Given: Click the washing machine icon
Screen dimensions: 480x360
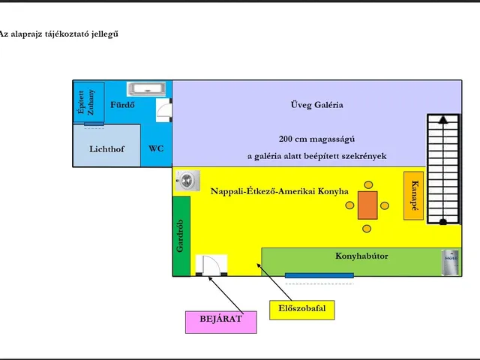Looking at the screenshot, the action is [188, 181].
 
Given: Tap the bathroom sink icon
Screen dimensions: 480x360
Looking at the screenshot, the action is [147, 88].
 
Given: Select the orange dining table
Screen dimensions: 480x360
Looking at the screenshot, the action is [367, 205].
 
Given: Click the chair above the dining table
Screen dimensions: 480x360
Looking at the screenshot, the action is [368, 185].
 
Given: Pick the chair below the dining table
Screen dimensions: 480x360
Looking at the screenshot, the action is [367, 229].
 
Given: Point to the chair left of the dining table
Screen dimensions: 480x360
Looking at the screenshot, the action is [349, 205].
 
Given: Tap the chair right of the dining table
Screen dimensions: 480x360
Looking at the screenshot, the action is [385, 205].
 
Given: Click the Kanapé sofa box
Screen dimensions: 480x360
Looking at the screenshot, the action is [413, 196].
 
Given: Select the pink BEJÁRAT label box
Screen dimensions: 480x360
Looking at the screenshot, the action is [221, 322].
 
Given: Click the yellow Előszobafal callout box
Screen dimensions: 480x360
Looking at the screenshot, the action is [301, 310].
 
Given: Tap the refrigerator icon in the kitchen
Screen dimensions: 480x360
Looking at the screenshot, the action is [451, 262].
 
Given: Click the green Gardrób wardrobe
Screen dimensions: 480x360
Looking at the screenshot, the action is [181, 236].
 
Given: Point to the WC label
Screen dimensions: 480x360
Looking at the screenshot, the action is [156, 148].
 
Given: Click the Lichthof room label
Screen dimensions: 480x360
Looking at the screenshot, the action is [106, 149].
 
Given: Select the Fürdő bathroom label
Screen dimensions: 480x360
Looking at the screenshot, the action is [122, 105].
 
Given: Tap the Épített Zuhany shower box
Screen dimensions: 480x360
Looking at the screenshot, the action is [88, 102].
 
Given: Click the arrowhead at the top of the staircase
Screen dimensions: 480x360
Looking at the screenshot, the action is [442, 119].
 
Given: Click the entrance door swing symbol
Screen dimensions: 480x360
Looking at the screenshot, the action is [211, 265].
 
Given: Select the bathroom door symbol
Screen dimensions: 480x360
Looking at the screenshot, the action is [164, 110].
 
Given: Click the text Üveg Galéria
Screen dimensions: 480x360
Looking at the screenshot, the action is [316, 105].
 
